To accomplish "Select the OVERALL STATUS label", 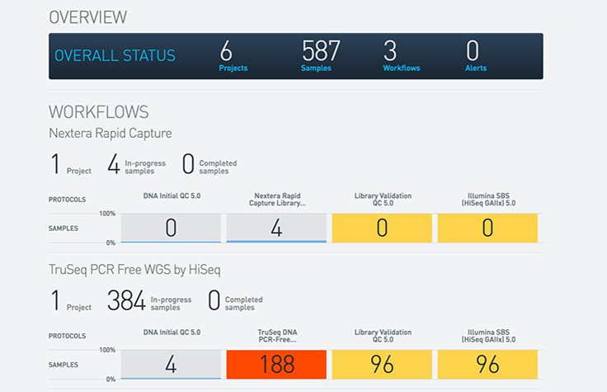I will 115,56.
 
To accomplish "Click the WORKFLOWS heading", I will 98,111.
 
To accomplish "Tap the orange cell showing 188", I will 276,365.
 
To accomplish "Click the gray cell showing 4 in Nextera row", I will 276,229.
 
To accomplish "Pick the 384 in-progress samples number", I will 126,300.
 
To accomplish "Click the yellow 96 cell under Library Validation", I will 382,365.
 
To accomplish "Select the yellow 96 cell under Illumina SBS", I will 487,365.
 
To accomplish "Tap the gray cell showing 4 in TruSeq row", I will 171,365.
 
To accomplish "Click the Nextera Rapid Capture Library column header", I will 276,198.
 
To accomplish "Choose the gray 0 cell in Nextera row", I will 171,229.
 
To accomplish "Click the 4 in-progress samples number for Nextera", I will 114,164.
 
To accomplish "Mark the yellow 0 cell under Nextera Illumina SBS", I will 487,229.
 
